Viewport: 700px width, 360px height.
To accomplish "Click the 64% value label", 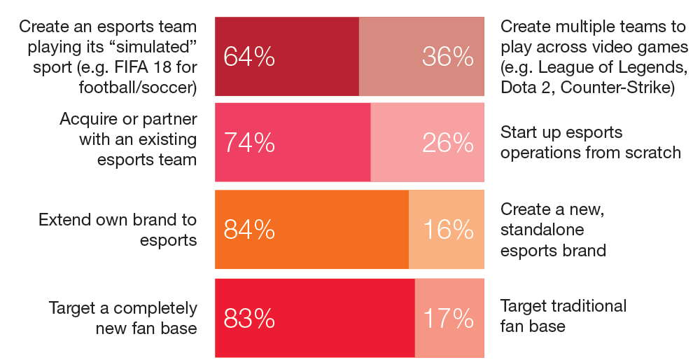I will [248, 57].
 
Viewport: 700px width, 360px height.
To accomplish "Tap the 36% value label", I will [448, 57].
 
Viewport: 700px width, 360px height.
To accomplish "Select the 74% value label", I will [248, 143].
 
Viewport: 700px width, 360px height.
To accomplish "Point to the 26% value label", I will [448, 143].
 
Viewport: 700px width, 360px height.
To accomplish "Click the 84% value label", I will [248, 230].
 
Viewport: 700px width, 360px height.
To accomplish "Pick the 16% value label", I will [448, 230].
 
